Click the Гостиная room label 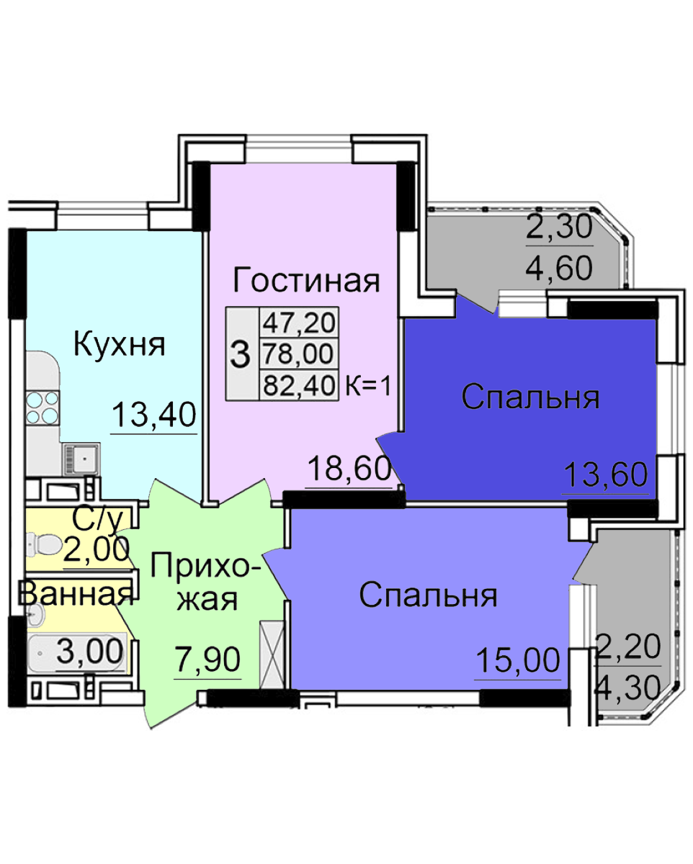[x=306, y=282]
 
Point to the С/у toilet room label [x=98, y=521]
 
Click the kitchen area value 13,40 [x=154, y=415]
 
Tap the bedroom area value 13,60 [x=606, y=474]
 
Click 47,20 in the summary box [x=299, y=323]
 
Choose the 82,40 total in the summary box [x=299, y=386]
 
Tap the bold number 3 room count [x=240, y=354]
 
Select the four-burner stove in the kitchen [x=43, y=407]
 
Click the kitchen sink [x=81, y=459]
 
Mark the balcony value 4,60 [x=559, y=267]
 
